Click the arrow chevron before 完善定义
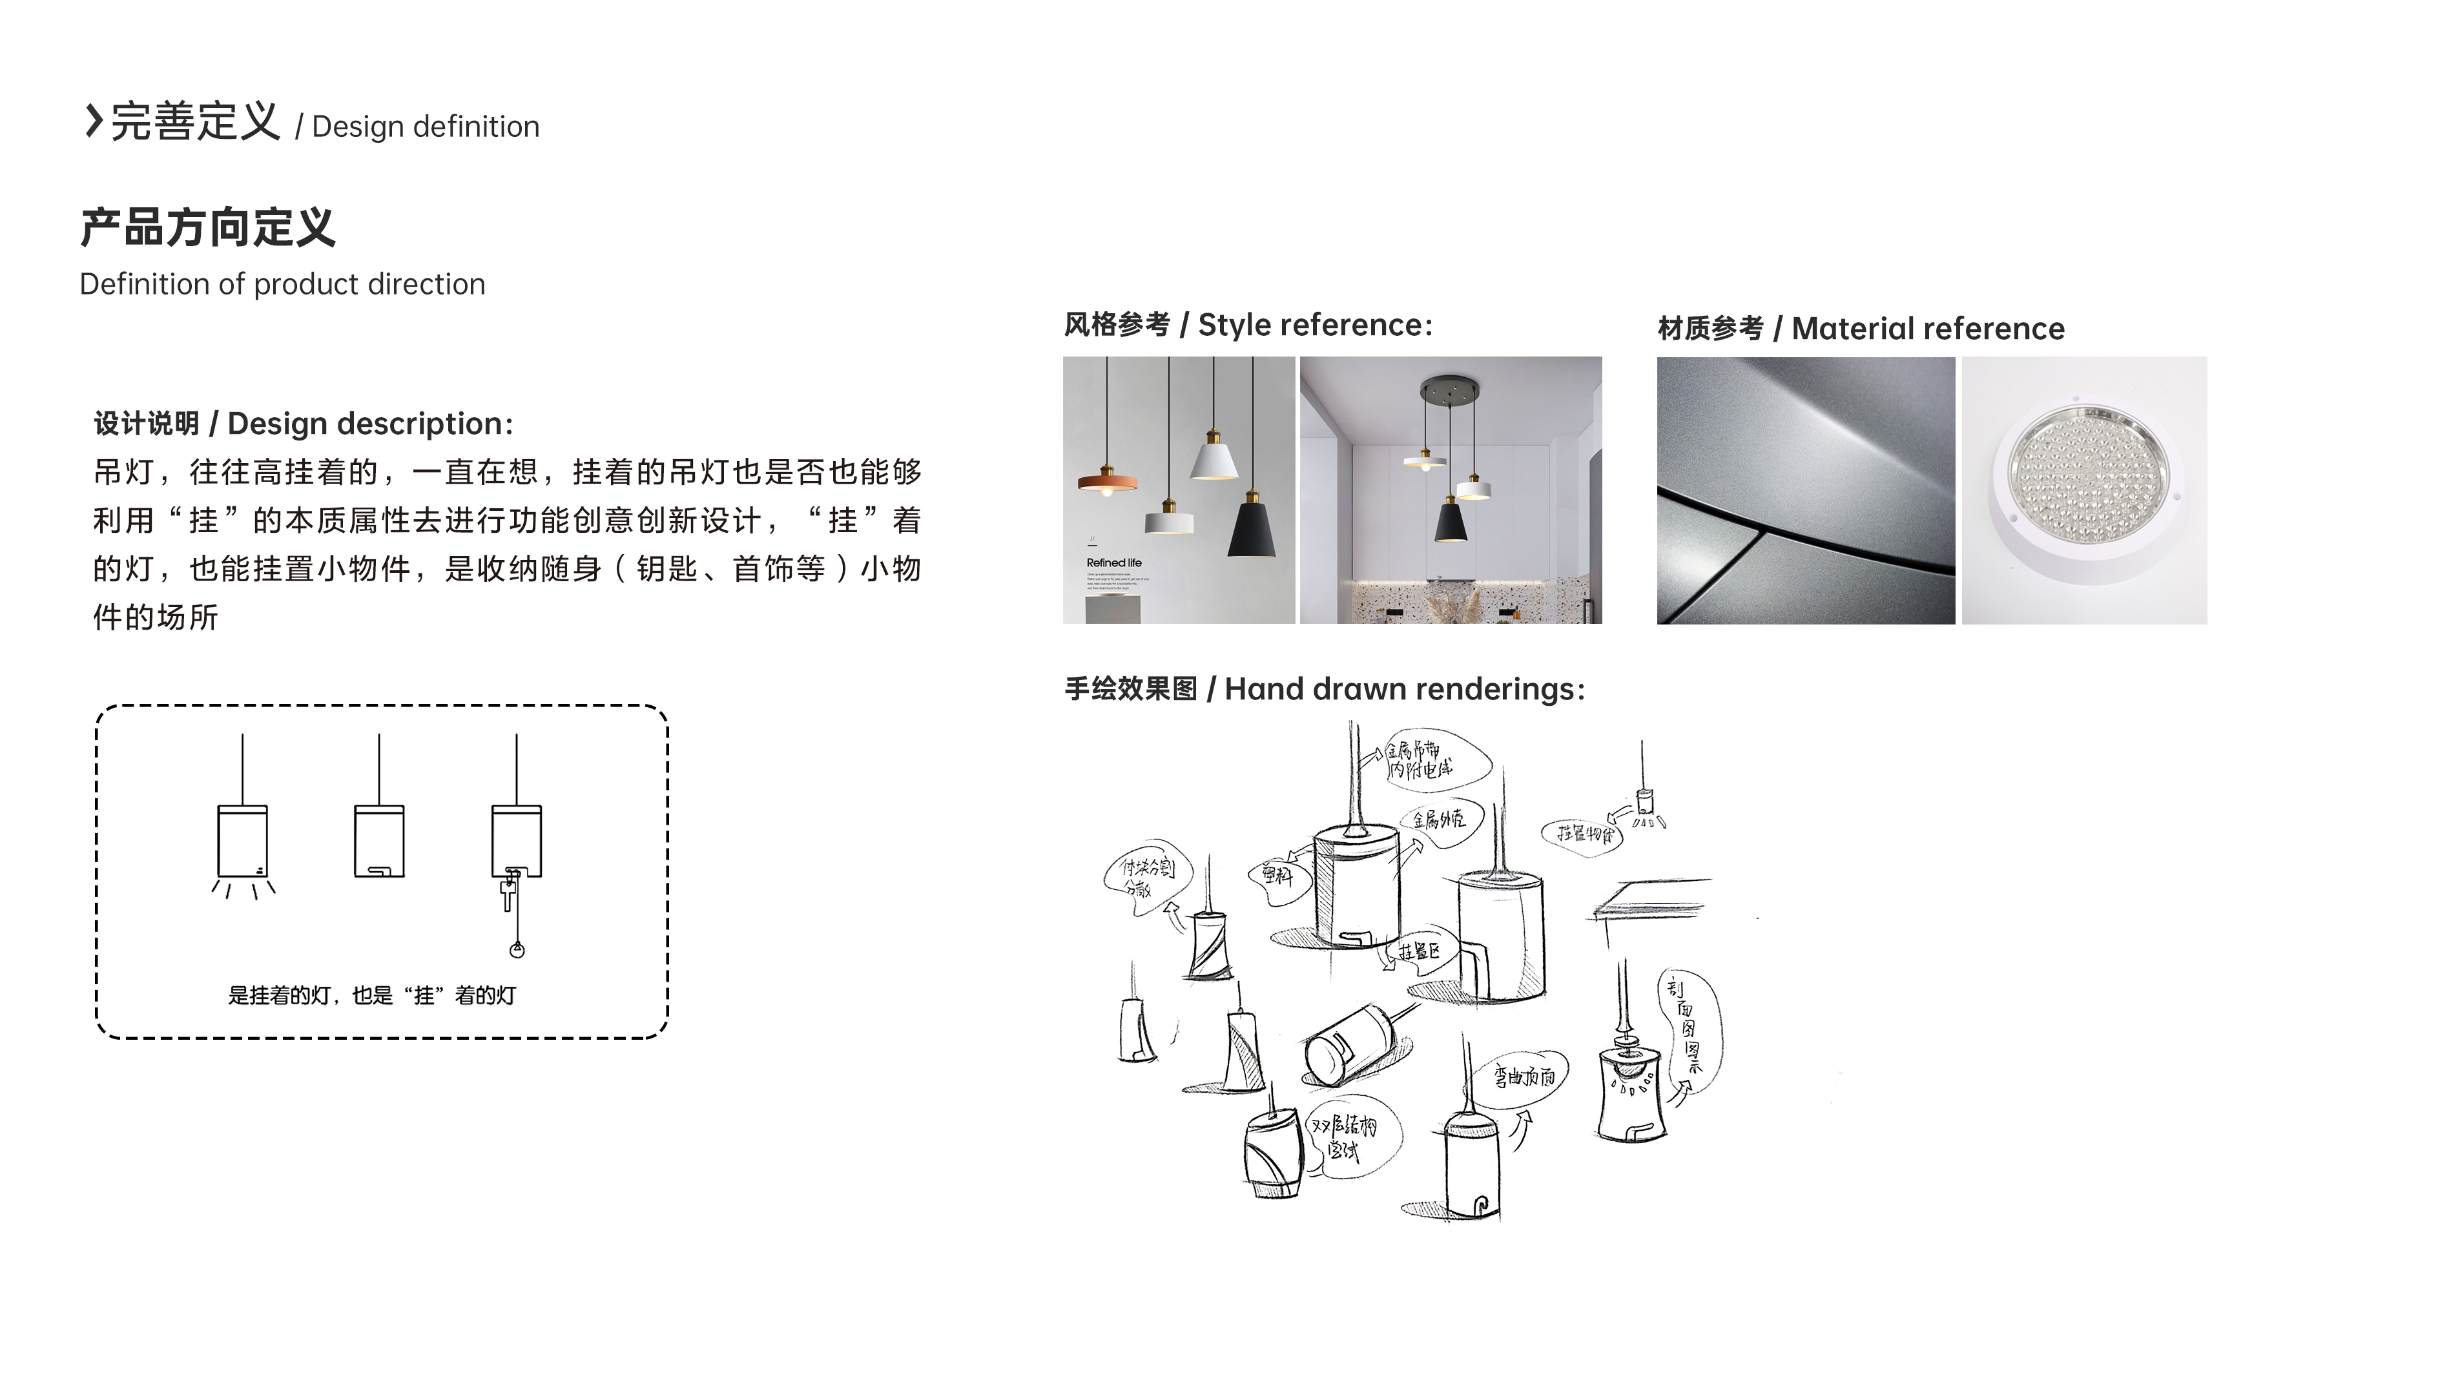click(x=93, y=121)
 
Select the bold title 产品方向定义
click(x=207, y=228)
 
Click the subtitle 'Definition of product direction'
click(x=282, y=284)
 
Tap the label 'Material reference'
click(x=1927, y=329)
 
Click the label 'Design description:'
click(x=370, y=424)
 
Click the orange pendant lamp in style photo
click(x=1106, y=480)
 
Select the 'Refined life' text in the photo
click(x=1113, y=563)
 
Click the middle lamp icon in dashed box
click(x=379, y=841)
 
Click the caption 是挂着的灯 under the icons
click(x=372, y=995)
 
